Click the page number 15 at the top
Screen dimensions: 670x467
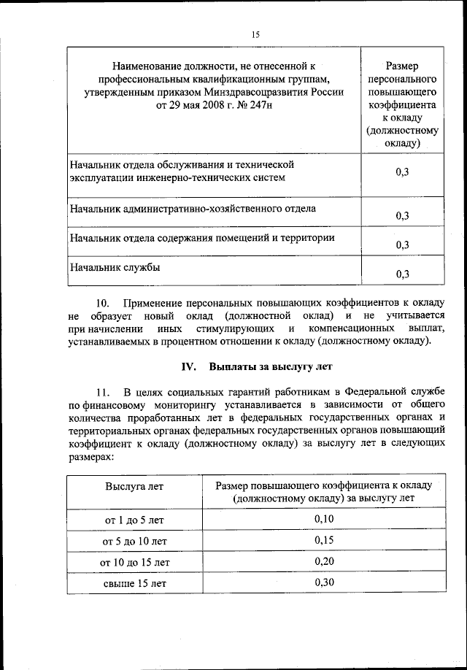(x=255, y=34)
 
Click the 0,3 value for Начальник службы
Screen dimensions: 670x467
(x=402, y=274)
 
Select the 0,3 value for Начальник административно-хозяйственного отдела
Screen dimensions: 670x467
(x=402, y=215)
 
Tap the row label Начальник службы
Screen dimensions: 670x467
(x=115, y=267)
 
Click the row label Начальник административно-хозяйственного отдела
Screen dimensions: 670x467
(x=193, y=209)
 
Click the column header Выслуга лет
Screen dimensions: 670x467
(x=134, y=485)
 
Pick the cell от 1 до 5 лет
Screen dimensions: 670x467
(x=134, y=520)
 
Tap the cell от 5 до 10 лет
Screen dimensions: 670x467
(x=134, y=541)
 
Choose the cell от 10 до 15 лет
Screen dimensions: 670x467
(x=134, y=562)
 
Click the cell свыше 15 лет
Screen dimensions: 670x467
(x=134, y=583)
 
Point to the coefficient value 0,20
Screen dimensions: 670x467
(x=324, y=561)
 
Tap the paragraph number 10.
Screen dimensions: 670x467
(x=103, y=302)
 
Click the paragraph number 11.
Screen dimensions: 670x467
(x=103, y=393)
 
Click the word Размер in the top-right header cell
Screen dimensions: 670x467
(x=402, y=65)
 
